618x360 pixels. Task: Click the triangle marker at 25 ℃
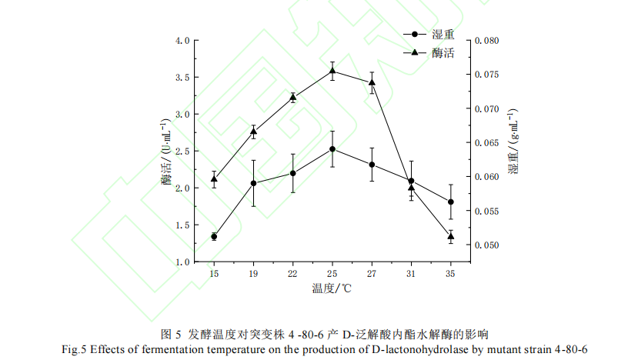[x=332, y=71]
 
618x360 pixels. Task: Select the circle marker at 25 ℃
[x=332, y=149]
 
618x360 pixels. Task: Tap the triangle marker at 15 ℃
[x=214, y=178]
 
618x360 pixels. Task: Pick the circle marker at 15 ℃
[x=214, y=236]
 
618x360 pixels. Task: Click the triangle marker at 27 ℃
[x=372, y=82]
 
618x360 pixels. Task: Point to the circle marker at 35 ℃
[x=450, y=202]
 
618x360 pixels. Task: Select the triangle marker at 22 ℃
[x=292, y=97]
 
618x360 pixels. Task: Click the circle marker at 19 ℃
[x=253, y=183]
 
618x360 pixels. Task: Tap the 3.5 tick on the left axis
[x=182, y=78]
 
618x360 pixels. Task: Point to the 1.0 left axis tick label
[x=182, y=262]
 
